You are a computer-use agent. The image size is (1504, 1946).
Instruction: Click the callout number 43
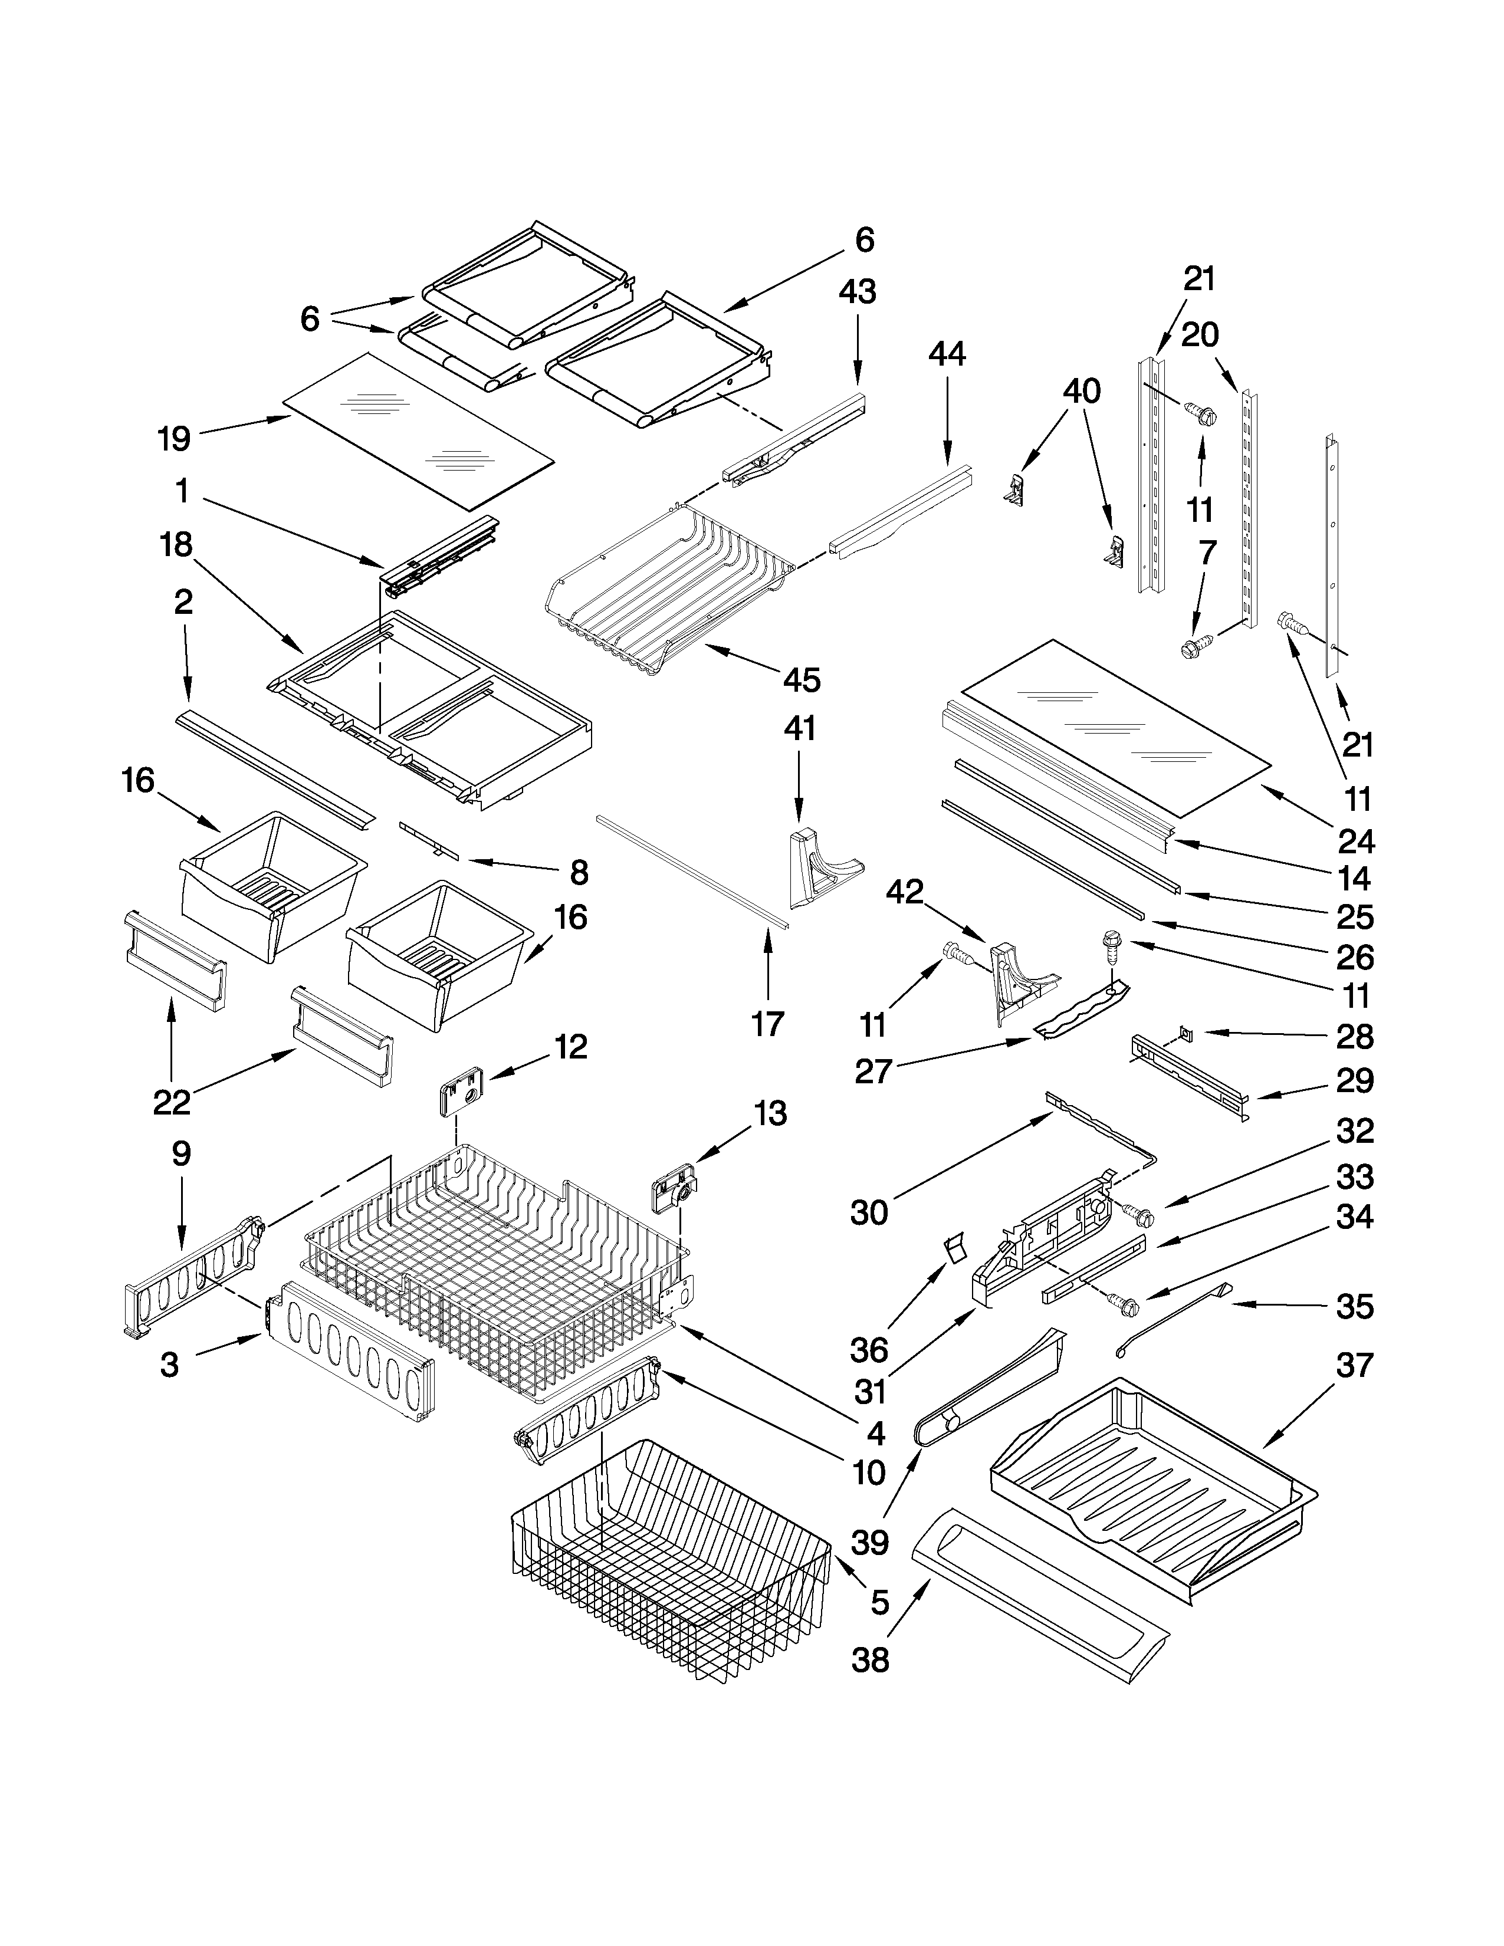tap(857, 292)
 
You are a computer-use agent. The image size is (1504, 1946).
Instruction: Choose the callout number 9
tap(181, 1154)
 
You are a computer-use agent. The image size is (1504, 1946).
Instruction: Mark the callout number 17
tap(767, 1024)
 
